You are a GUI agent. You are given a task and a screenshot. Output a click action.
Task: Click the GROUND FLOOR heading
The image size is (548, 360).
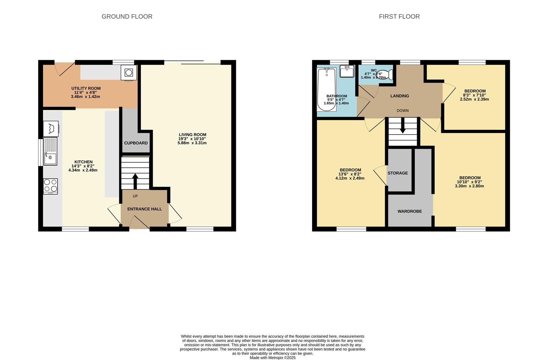click(127, 17)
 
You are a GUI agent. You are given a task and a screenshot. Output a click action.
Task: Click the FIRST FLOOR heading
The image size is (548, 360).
click(399, 17)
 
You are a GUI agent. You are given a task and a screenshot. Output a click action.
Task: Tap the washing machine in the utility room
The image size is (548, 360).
click(128, 73)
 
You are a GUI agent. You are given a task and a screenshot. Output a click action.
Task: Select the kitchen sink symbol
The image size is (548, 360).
click(50, 151)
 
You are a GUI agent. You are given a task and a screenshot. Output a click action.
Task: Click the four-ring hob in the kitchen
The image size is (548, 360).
click(50, 186)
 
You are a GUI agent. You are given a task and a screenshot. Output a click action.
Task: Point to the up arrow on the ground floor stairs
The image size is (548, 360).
click(135, 181)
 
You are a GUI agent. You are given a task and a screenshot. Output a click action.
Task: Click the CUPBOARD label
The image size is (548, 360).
click(136, 143)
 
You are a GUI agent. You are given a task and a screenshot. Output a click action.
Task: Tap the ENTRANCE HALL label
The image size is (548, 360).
click(144, 209)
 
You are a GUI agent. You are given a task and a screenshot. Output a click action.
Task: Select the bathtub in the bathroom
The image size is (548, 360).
click(327, 89)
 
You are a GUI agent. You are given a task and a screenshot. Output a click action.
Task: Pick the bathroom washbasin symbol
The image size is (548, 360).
click(347, 71)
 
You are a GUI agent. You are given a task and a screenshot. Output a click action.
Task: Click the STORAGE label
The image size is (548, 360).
click(398, 173)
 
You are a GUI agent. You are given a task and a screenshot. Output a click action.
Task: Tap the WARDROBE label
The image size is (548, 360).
click(409, 211)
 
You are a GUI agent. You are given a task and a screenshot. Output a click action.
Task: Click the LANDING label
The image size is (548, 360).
click(399, 96)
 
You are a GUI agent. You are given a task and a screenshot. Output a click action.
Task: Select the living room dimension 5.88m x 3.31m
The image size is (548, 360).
click(192, 143)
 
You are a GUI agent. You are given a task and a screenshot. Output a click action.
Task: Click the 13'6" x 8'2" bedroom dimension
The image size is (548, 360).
click(350, 174)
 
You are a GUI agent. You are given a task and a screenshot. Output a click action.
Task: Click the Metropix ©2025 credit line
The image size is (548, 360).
click(272, 358)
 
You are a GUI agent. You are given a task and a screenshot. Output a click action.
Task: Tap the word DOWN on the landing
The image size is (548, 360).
click(402, 111)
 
